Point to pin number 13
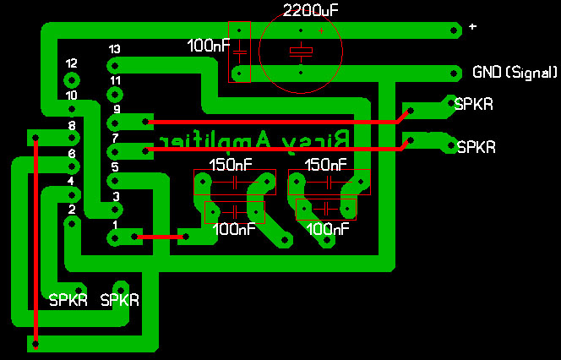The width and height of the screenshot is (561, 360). [114, 49]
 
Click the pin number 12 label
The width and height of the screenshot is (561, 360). [71, 63]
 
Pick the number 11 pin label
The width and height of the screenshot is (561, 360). [115, 80]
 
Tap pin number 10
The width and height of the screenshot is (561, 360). [72, 95]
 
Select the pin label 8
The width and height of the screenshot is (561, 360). [72, 125]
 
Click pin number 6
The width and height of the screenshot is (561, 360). [72, 153]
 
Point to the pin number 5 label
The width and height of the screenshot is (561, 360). [116, 167]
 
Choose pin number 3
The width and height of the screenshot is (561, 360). [116, 196]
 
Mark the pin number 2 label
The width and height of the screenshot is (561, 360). [72, 210]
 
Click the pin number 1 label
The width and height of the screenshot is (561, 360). [116, 225]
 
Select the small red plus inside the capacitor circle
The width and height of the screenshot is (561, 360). [321, 31]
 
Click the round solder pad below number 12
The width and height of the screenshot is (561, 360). [71, 79]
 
